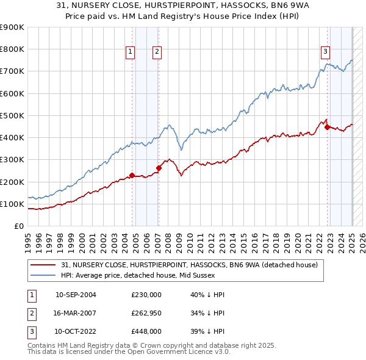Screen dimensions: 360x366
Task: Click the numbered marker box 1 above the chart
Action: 131,52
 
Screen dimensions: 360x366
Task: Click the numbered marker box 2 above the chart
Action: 157,52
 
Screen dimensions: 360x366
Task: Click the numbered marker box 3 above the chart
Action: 326,52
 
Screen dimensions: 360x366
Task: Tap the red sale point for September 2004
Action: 132,176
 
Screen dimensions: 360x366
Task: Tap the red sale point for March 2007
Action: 159,168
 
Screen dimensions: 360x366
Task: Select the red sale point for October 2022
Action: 328,128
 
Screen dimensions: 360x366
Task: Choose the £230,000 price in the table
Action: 146,295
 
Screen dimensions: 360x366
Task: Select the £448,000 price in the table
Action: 146,331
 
